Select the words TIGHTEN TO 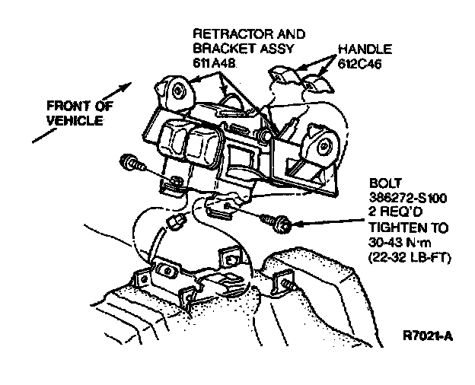[x=405, y=228]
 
